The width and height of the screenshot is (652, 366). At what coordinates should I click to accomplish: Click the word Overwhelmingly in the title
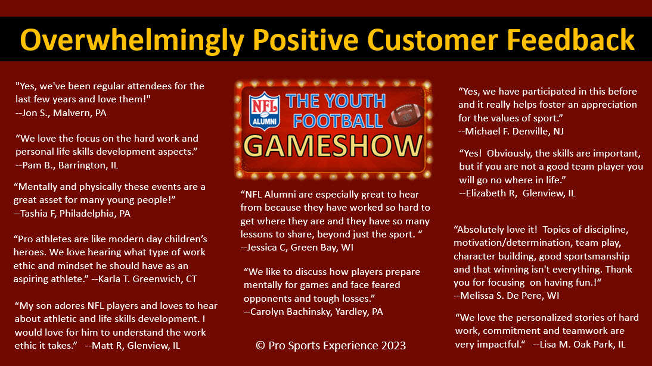132,40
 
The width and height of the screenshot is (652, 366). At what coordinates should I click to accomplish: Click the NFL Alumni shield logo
264,111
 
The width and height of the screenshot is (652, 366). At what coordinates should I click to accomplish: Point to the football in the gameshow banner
406,115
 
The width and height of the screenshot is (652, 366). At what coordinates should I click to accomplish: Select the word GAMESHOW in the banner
333,146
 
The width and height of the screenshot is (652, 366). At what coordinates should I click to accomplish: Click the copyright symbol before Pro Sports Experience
260,346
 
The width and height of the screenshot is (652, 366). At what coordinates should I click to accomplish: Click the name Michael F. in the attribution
488,132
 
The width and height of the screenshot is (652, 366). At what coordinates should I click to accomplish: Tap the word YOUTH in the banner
355,101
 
